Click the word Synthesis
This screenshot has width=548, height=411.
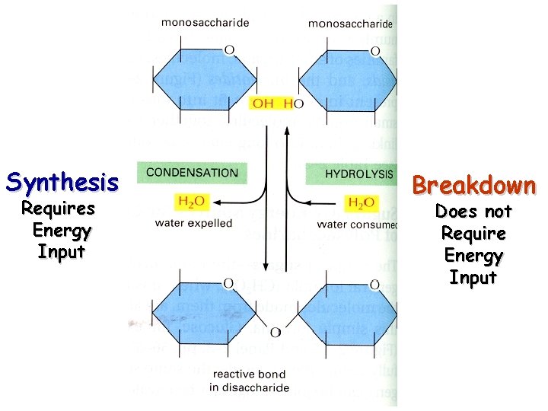(x=62, y=182)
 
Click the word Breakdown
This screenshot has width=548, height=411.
(x=473, y=186)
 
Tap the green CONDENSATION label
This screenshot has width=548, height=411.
(x=191, y=173)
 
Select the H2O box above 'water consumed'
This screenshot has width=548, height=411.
(x=361, y=202)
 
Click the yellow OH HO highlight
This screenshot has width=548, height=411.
(x=273, y=104)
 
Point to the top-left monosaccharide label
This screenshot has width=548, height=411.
(x=205, y=23)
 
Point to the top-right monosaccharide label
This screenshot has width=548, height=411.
(x=350, y=24)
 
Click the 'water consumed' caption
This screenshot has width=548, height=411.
(x=357, y=225)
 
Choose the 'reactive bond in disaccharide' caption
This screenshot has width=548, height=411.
(x=250, y=381)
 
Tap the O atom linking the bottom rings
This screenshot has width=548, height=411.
(x=274, y=333)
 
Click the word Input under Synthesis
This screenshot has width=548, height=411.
(x=61, y=252)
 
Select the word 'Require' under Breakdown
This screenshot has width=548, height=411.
(x=473, y=232)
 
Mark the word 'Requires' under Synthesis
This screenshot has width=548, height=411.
(x=58, y=209)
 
